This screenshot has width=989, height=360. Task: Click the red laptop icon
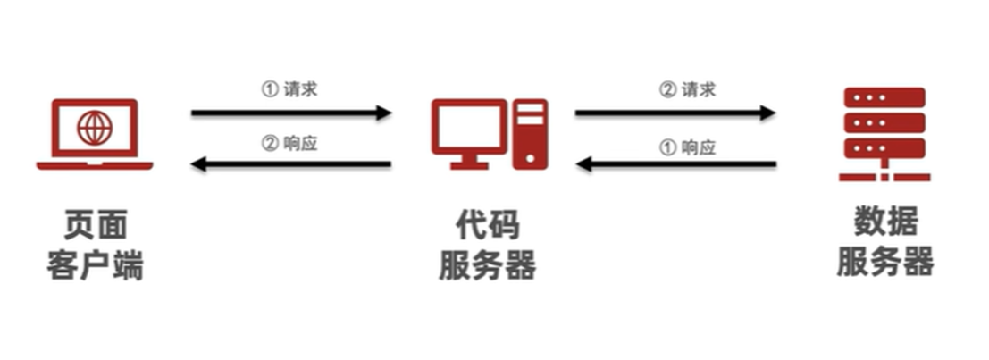[x=95, y=134]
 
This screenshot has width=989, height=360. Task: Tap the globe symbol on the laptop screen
[x=95, y=128]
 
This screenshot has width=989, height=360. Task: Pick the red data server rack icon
[x=884, y=133]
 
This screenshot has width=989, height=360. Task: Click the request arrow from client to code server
[x=291, y=113]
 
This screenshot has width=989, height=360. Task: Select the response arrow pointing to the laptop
[x=291, y=163]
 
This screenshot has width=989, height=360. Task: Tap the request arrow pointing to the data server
[x=675, y=113]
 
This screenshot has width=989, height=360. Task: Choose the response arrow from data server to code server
[x=675, y=163]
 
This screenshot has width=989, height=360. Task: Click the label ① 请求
[x=289, y=89]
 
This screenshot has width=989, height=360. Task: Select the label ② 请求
[x=687, y=89]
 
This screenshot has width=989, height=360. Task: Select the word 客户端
[x=94, y=265]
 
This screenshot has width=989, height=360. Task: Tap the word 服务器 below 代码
[x=487, y=265]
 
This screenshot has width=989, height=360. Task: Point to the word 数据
[x=885, y=222]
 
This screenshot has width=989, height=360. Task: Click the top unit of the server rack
[x=884, y=97]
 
